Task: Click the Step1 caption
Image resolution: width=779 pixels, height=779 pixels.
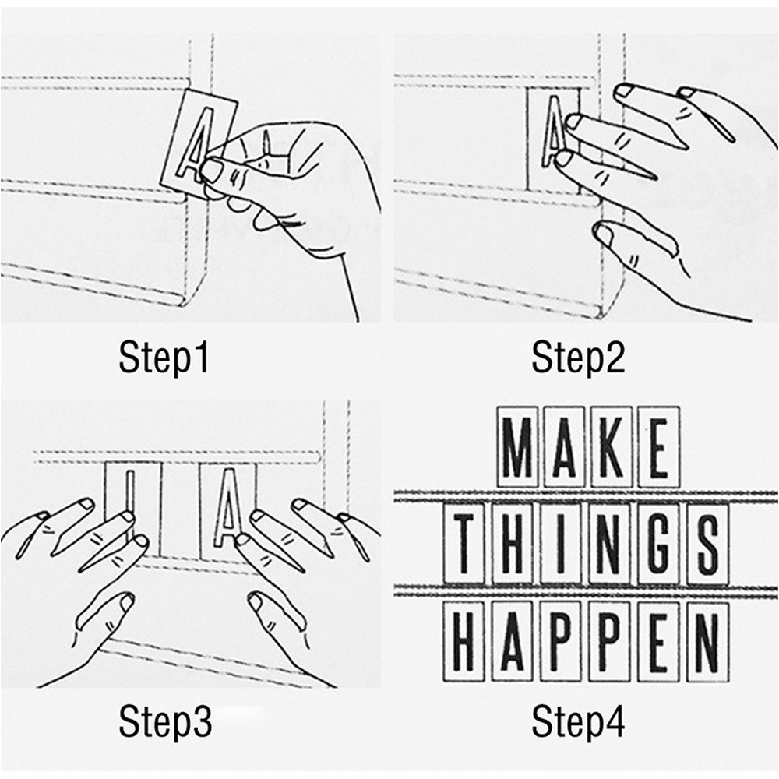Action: (164, 358)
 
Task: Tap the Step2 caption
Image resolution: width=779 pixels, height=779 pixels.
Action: (578, 358)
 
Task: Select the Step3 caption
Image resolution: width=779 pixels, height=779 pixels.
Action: (165, 721)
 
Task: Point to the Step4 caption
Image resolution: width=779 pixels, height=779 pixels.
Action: (578, 721)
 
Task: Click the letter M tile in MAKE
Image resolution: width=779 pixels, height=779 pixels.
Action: (517, 446)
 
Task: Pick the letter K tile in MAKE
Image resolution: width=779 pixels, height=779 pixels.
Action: (611, 446)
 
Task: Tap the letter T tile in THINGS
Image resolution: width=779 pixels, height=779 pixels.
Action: (464, 543)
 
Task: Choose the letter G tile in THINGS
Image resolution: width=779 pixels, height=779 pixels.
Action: (659, 543)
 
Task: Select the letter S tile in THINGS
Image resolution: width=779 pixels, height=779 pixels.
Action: (707, 543)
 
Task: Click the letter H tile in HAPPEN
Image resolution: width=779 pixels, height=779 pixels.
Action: (464, 641)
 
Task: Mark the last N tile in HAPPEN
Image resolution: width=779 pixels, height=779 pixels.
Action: (707, 641)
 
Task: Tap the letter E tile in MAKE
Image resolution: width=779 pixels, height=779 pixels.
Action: (659, 446)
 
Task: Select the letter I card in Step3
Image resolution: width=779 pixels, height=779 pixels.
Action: (132, 507)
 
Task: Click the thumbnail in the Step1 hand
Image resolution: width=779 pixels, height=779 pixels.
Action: (212, 170)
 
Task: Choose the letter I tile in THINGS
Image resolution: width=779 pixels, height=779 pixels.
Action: (561, 543)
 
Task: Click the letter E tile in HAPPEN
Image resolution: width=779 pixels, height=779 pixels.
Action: (659, 641)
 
